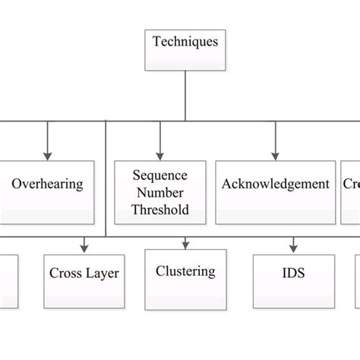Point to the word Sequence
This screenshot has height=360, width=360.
[159, 175]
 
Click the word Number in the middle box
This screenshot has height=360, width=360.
[159, 192]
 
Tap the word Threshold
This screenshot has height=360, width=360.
[159, 210]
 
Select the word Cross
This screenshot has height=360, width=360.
[65, 273]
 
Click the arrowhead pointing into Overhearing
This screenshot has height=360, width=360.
[48, 154]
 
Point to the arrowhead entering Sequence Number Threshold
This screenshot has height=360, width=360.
[159, 154]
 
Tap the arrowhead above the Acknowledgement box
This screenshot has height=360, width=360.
[275, 154]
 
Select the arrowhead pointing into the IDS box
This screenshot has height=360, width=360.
[292, 248]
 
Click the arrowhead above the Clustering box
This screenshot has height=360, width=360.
[185, 245]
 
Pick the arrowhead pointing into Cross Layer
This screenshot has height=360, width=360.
[84, 248]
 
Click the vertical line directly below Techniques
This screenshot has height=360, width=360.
[185, 95]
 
